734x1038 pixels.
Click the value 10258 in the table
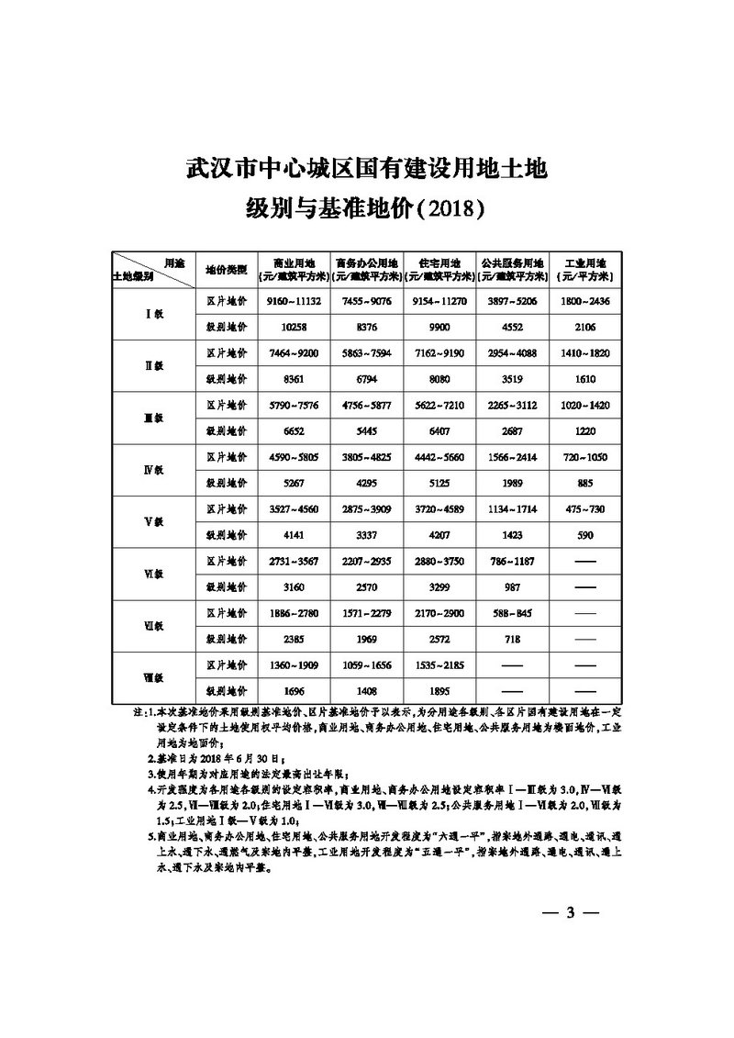point(294,327)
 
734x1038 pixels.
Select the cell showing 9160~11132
point(294,301)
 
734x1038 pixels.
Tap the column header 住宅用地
point(439,261)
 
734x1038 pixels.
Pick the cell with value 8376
point(367,327)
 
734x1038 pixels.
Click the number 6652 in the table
point(294,431)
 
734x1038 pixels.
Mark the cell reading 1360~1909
point(294,664)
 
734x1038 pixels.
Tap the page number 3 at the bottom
point(570,912)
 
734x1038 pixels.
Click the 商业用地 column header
point(294,261)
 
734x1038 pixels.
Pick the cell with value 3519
point(512,379)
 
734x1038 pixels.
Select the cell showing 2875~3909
point(367,508)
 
